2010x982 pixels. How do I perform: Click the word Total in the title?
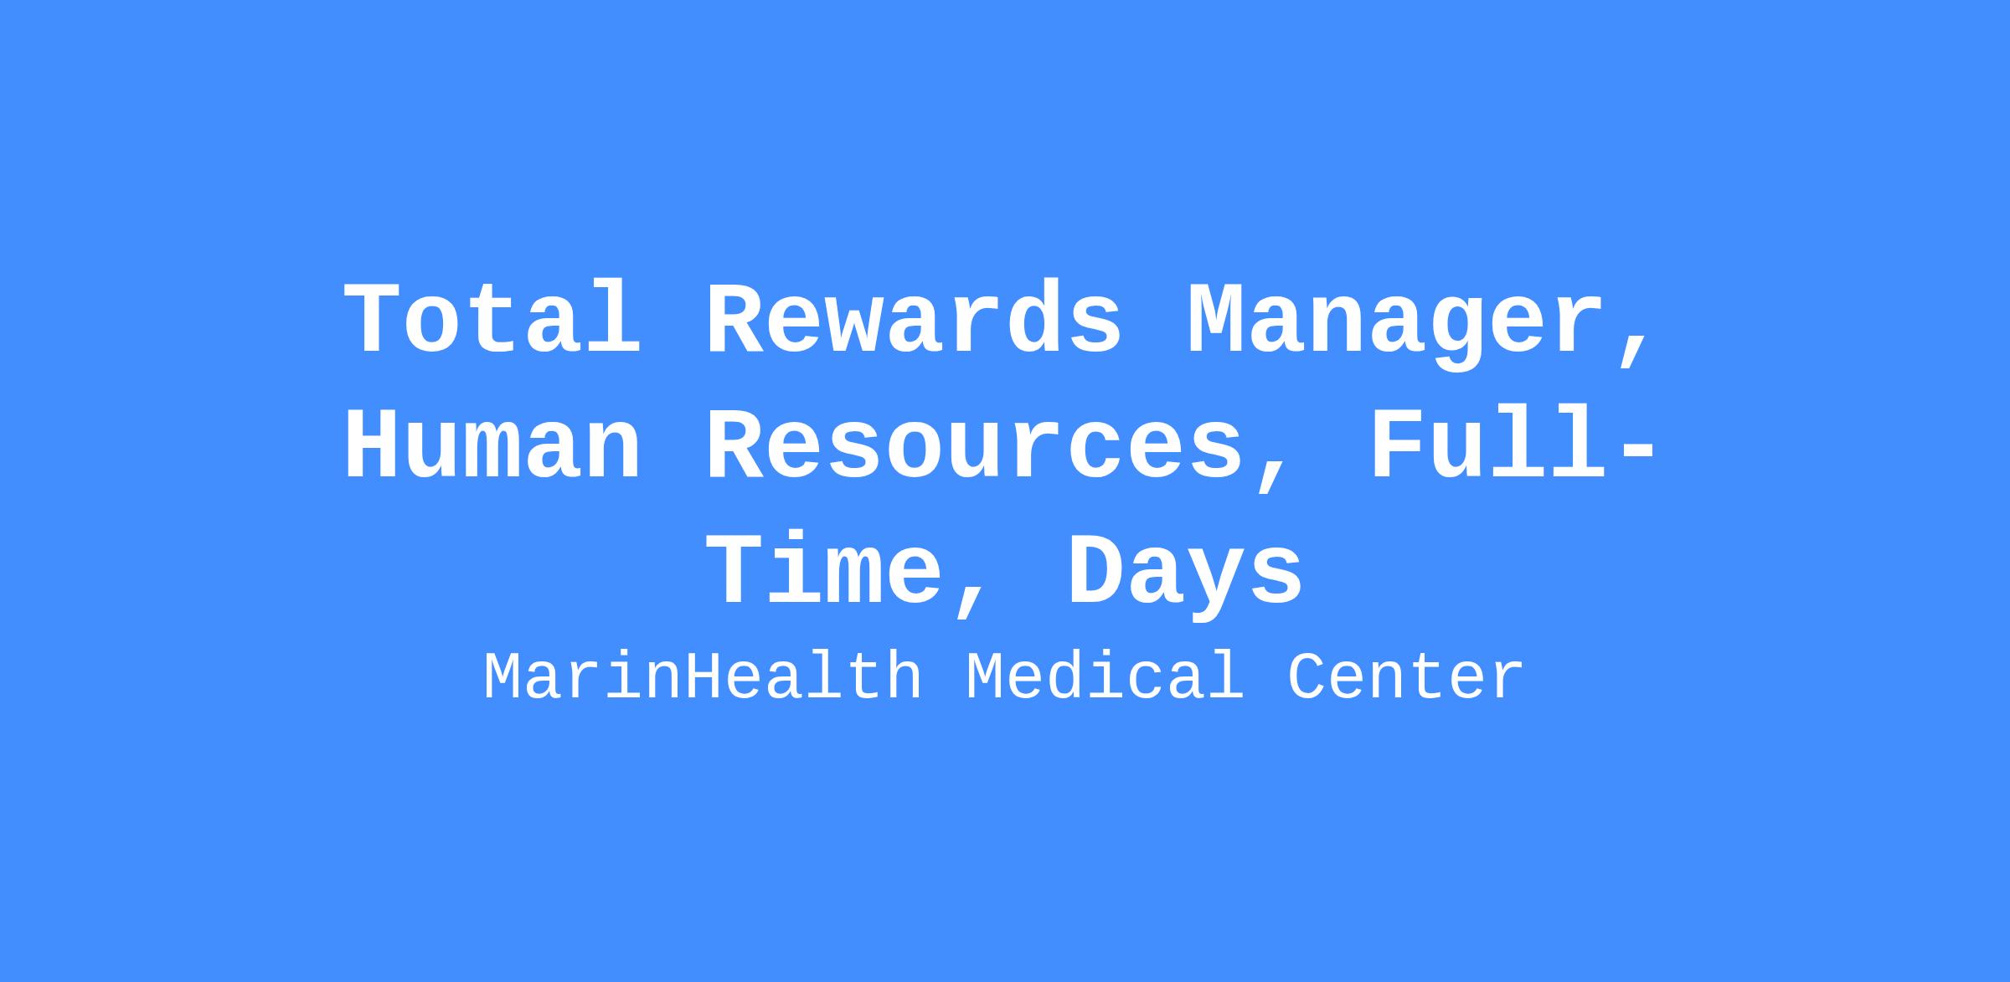492,318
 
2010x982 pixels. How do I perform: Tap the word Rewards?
914,318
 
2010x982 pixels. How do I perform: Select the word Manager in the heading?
1396,322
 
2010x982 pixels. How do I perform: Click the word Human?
492,444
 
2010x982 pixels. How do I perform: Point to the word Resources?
975,444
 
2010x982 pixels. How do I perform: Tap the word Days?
1185,576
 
